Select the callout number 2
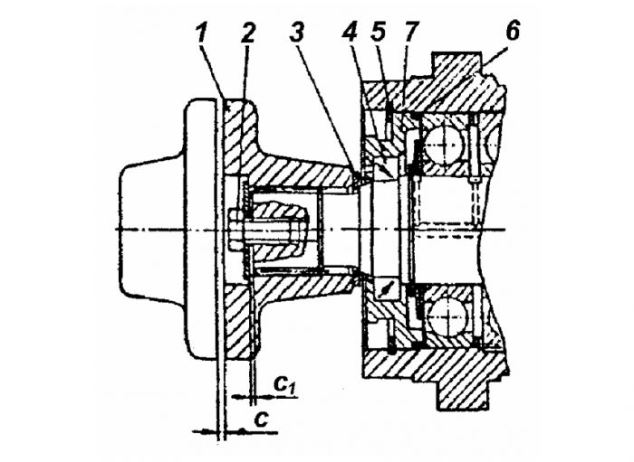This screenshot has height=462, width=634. point(247,33)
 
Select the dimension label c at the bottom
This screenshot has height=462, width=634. point(262,420)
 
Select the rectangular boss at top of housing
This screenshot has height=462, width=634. point(457,63)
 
